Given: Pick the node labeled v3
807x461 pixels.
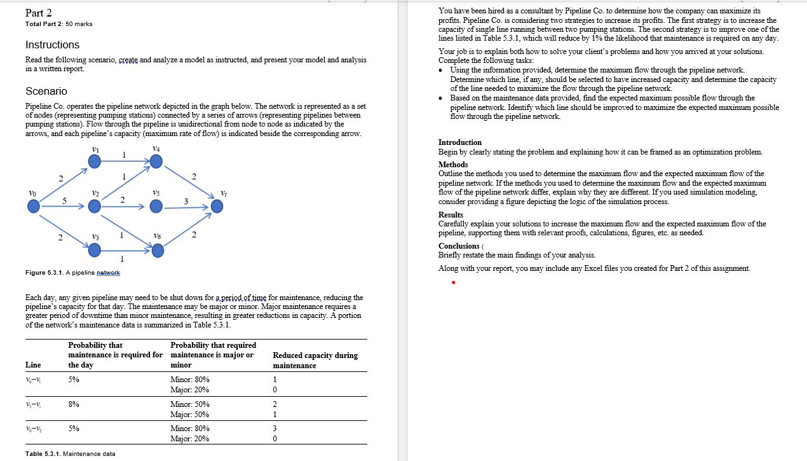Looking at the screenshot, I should [94, 251].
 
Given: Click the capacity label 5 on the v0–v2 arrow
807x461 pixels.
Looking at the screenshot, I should [64, 200].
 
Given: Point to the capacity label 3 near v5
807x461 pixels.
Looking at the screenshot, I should [186, 201].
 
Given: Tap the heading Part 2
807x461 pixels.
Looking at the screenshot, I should [39, 13].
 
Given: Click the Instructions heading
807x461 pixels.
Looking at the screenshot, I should [52, 45].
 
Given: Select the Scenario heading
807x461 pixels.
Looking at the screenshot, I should [46, 91].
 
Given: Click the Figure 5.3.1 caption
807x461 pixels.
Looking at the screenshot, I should [72, 273].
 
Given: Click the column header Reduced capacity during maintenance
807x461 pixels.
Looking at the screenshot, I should [315, 360].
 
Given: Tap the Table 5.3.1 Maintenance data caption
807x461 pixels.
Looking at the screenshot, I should [70, 453].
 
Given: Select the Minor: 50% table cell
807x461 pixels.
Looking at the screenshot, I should [190, 404].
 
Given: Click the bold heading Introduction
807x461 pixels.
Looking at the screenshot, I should [460, 142].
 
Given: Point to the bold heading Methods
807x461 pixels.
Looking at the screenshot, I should [453, 165].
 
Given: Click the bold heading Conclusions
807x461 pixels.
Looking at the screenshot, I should [459, 246].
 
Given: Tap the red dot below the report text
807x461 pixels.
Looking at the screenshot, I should [453, 284].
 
